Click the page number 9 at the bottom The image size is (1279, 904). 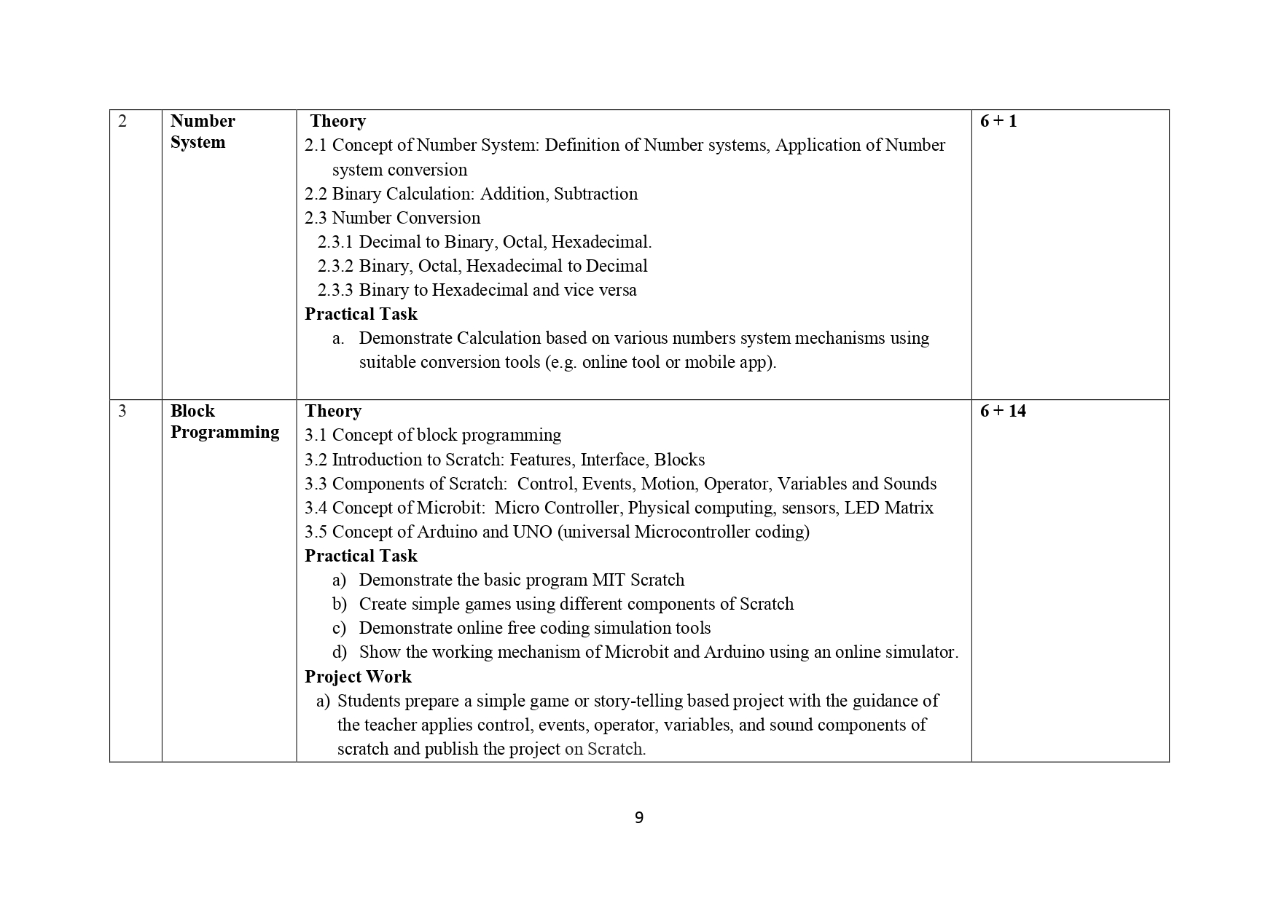pos(639,818)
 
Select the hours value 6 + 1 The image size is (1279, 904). pos(998,121)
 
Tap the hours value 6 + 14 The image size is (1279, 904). pos(1002,411)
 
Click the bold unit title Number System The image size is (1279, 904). pos(202,131)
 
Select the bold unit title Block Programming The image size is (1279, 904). pos(224,421)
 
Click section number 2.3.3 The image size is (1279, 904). pos(335,290)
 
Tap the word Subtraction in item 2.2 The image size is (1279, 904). pos(595,194)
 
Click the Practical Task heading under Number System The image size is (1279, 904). pos(361,314)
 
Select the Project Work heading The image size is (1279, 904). pos(358,677)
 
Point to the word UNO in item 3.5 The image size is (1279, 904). pos(532,532)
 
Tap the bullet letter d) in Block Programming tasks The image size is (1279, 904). pos(339,652)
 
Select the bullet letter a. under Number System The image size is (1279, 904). pos(338,338)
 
